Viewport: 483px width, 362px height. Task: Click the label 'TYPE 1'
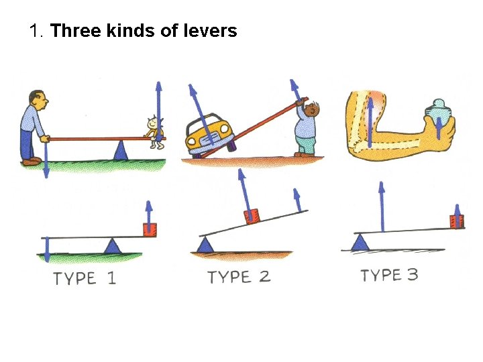(x=85, y=278)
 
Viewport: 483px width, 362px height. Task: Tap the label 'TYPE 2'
(x=239, y=277)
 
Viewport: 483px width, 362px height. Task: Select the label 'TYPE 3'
(x=389, y=275)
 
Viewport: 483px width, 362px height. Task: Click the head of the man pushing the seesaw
(x=38, y=101)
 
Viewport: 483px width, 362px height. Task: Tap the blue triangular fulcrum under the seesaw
(x=121, y=150)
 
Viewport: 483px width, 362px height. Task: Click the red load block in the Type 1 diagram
(x=149, y=229)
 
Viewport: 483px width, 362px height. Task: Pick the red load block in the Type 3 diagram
(x=457, y=221)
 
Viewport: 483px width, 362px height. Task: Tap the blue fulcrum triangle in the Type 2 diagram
(x=206, y=245)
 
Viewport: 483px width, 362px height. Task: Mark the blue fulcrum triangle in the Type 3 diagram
(x=361, y=242)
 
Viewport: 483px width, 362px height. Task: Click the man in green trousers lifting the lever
(x=307, y=131)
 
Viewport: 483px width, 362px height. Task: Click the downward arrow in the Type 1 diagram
(x=47, y=250)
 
